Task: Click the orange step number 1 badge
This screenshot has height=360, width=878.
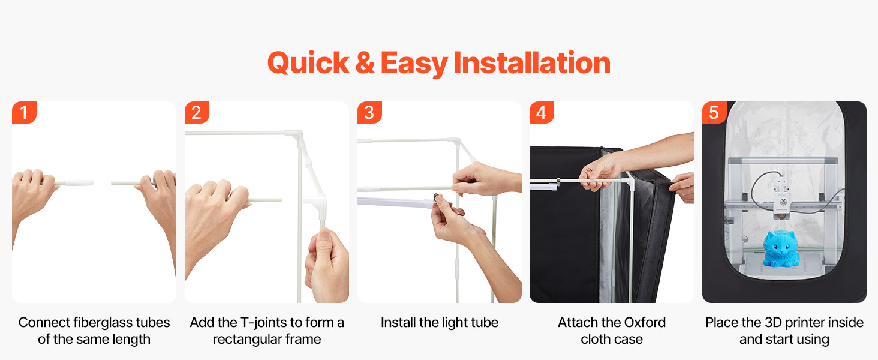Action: pyautogui.click(x=24, y=113)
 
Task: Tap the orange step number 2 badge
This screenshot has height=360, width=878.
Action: pyautogui.click(x=197, y=113)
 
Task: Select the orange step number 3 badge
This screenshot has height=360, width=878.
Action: pyautogui.click(x=369, y=113)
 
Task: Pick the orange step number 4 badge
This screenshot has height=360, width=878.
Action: pyautogui.click(x=542, y=113)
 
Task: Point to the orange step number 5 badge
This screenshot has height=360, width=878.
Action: pyautogui.click(x=714, y=113)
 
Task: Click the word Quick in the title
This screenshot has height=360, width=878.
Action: pyautogui.click(x=308, y=64)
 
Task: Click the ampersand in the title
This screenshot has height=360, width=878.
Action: pyautogui.click(x=365, y=63)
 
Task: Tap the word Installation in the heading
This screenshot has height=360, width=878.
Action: pyautogui.click(x=532, y=63)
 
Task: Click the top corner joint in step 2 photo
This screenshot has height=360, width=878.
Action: pyautogui.click(x=294, y=134)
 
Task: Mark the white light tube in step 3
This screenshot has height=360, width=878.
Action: pyautogui.click(x=396, y=202)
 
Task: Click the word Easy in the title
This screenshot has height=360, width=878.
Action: pyautogui.click(x=414, y=64)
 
